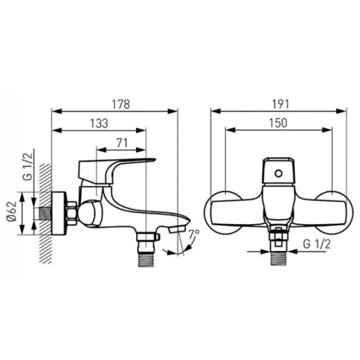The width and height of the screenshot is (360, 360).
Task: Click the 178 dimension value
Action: pos(121,104)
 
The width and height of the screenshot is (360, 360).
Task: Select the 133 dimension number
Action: pos(99,123)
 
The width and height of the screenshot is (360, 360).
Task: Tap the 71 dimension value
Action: pos(122,143)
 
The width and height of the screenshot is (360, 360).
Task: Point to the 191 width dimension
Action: pos(280,104)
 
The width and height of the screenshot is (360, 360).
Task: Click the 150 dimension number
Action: pos(278,123)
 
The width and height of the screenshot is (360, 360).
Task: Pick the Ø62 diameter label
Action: pos(11,211)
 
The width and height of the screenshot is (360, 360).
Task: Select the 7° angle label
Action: pos(194,235)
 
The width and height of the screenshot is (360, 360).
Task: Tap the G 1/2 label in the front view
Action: pos(317,244)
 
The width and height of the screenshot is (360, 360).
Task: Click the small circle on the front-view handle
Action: pos(278,173)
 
